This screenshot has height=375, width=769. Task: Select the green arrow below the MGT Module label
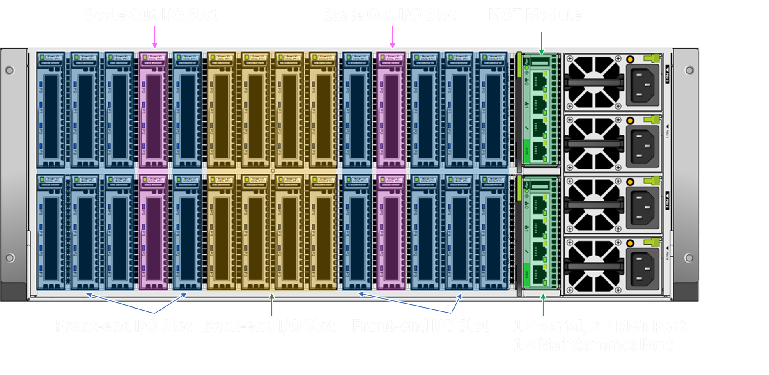point(541,43)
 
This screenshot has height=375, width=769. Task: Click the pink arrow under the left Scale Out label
point(155,37)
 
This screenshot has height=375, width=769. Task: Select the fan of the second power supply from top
point(593,143)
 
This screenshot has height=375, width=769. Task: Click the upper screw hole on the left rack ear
point(10,70)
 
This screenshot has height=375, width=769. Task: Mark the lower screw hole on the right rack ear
point(689,258)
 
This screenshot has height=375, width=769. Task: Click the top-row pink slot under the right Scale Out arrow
point(391,110)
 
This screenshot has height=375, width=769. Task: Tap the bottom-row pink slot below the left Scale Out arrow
point(154,233)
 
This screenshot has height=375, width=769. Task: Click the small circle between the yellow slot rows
point(272,171)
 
